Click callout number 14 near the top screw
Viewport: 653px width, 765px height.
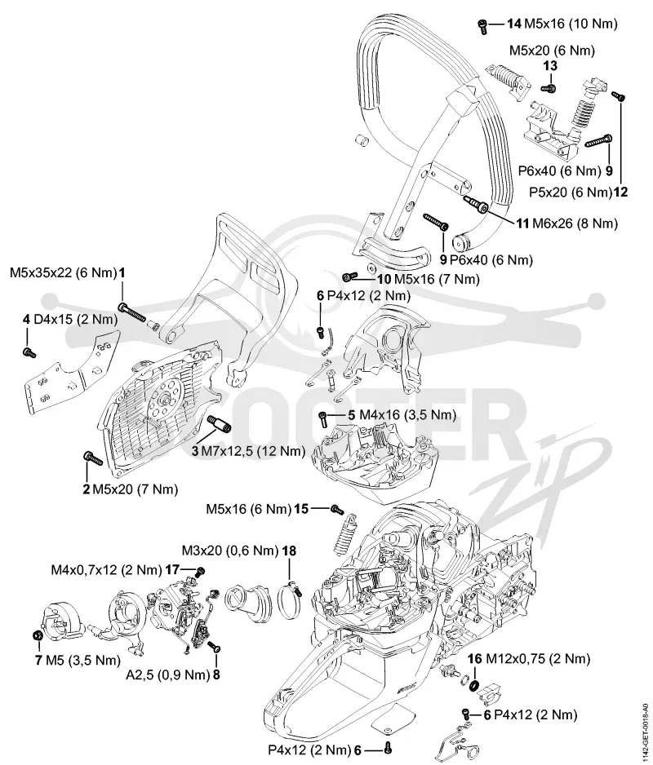click(513, 23)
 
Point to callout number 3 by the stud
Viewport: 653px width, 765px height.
click(195, 450)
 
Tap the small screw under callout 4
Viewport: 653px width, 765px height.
click(29, 352)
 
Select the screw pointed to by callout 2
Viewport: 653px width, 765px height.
click(92, 458)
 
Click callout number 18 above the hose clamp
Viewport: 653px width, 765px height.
click(289, 551)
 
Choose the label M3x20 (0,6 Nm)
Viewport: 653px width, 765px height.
click(229, 551)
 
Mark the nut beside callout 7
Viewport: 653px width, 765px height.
click(36, 635)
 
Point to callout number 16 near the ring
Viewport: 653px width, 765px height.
click(475, 659)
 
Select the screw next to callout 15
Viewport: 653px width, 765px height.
click(335, 509)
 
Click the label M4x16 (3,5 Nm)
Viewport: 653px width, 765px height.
click(408, 414)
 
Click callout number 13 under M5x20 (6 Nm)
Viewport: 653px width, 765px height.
click(550, 65)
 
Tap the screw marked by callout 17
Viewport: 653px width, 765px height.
click(199, 572)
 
